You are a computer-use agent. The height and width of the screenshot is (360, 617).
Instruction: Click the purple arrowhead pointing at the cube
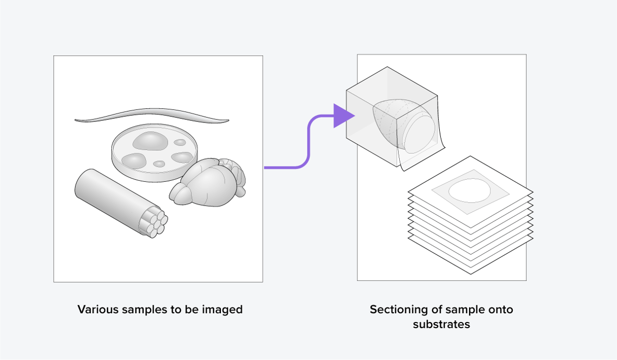click(x=341, y=116)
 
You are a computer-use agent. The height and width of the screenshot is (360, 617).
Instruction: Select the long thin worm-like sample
click(x=151, y=115)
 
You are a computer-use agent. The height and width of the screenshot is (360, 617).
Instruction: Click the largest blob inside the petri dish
click(x=150, y=140)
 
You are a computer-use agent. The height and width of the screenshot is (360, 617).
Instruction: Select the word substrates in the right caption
click(x=441, y=324)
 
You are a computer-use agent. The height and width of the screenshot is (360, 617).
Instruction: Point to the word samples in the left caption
click(x=139, y=309)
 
